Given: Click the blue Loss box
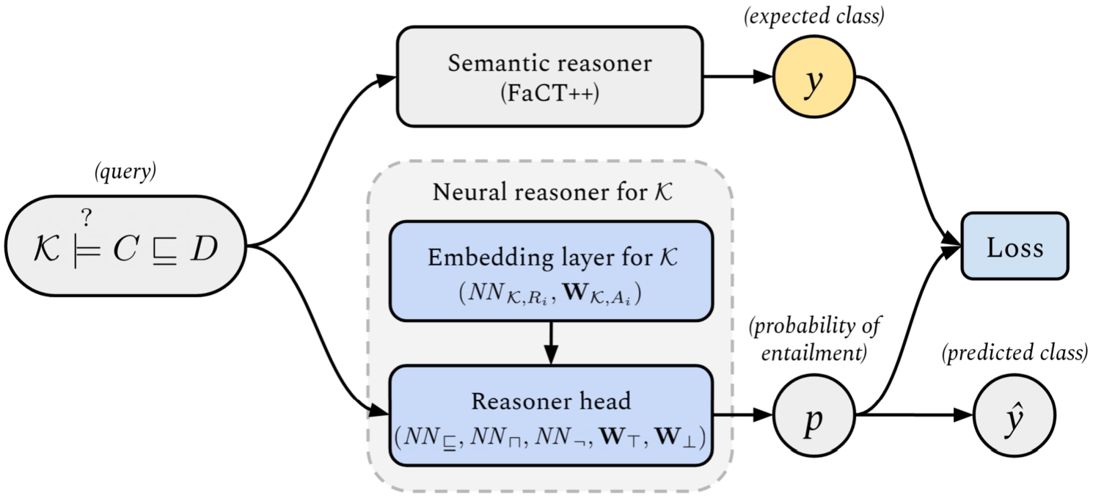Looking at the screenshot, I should coord(1015,246).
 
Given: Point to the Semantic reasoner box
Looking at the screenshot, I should coord(549,76).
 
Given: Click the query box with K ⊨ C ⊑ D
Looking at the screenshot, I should coord(125,246).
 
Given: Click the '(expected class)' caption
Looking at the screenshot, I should coord(813,16).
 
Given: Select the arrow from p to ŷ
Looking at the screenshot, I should coord(917,416).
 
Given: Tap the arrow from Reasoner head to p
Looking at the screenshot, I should coord(742,416).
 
